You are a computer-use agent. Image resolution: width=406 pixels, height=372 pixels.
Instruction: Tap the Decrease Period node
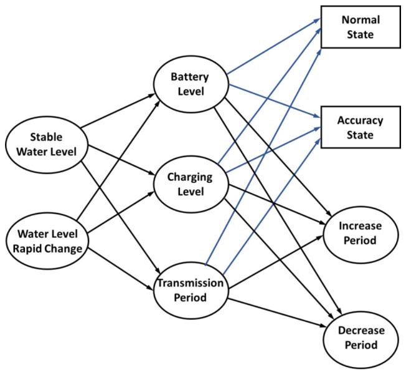tap(361, 336)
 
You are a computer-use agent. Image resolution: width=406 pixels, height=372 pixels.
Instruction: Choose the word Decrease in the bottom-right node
tap(361, 330)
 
